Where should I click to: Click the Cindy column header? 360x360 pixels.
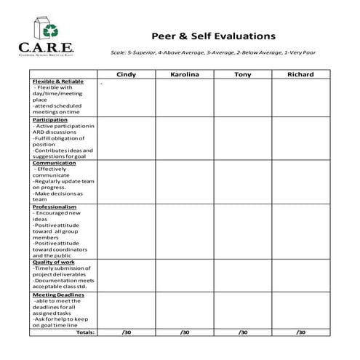(126, 74)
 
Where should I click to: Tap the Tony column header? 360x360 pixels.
(242, 74)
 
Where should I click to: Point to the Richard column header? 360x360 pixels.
(300, 74)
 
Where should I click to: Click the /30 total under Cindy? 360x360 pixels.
(126, 332)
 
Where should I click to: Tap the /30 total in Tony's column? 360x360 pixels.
(242, 332)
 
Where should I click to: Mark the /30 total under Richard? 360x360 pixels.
(300, 332)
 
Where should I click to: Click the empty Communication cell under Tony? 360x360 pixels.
(242, 181)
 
